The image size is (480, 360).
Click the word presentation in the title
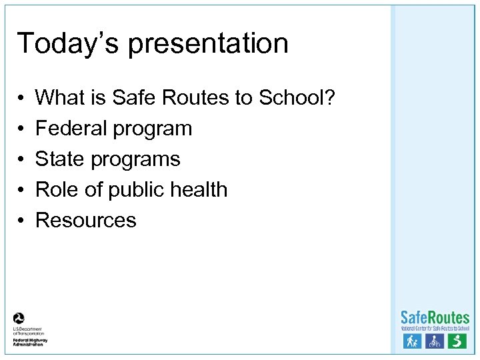pyautogui.click(x=208, y=45)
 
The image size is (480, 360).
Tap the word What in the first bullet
pyautogui.click(x=59, y=98)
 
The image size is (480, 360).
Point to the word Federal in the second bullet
pyautogui.click(x=71, y=128)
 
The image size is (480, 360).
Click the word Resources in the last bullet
pyautogui.click(x=85, y=221)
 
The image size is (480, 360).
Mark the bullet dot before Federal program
pyautogui.click(x=21, y=129)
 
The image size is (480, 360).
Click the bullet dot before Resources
pyautogui.click(x=21, y=221)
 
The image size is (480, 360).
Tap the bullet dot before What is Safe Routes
pyautogui.click(x=21, y=98)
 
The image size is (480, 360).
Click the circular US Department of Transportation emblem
pyautogui.click(x=19, y=319)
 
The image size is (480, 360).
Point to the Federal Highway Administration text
pyautogui.click(x=28, y=341)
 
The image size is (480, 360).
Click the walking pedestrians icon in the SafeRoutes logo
pyautogui.click(x=412, y=341)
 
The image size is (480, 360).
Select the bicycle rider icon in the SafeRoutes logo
pyautogui.click(x=435, y=341)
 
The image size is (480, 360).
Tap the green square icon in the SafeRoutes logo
pyautogui.click(x=457, y=341)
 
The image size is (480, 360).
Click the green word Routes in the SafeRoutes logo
pyautogui.click(x=449, y=318)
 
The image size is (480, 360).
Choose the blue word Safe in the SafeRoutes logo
pyautogui.click(x=414, y=318)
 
